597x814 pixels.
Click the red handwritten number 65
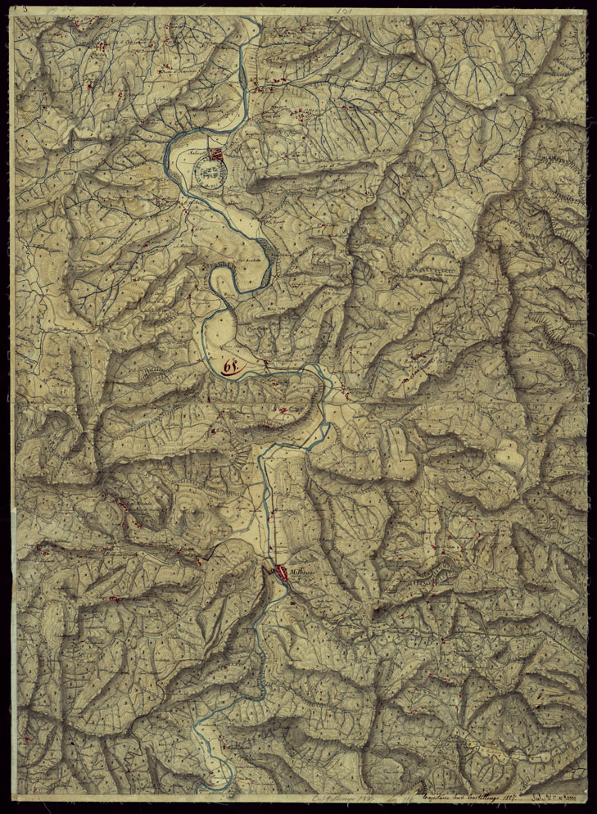tap(230, 364)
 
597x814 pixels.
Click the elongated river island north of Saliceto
tap(243, 79)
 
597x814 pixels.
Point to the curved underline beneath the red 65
tap(232, 373)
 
